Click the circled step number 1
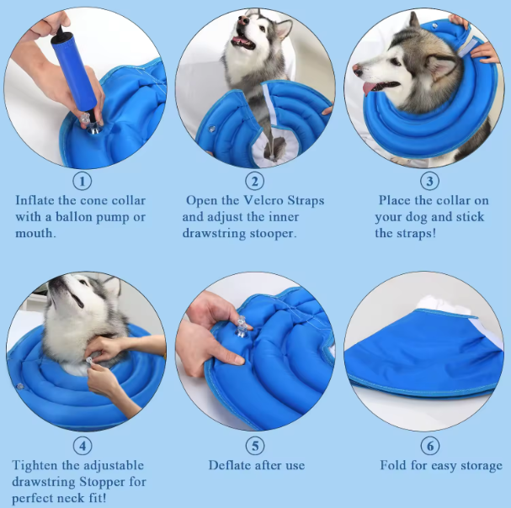[x=83, y=181]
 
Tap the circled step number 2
[x=254, y=181]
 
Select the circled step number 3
[x=429, y=181]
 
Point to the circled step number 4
[x=83, y=446]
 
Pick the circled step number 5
[x=255, y=446]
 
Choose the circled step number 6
[x=430, y=446]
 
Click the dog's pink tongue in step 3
[x=370, y=88]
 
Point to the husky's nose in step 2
[x=243, y=21]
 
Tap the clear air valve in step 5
[x=242, y=327]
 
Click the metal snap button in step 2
[x=212, y=129]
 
